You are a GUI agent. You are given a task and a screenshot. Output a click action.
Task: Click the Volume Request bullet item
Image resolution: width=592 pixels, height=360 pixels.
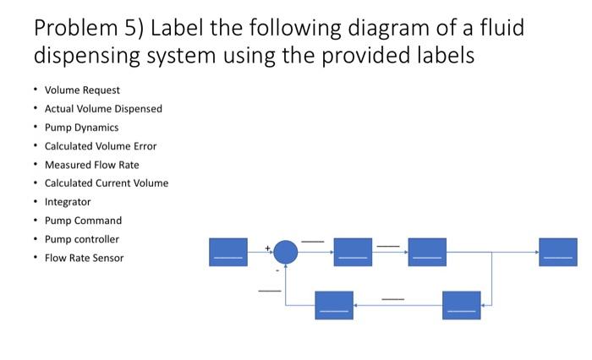tap(82, 90)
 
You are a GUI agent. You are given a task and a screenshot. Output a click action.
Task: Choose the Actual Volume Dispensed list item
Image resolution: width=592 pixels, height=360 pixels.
tap(103, 109)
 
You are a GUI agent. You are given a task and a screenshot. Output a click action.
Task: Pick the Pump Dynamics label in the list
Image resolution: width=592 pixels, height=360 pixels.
tap(81, 128)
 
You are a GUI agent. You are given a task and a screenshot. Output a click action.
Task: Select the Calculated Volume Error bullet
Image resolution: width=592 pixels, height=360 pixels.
tap(101, 146)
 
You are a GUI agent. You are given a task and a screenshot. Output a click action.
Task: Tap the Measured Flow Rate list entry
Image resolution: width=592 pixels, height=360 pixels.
tap(91, 165)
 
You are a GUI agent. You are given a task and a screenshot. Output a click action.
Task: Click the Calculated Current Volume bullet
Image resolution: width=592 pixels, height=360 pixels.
tap(107, 183)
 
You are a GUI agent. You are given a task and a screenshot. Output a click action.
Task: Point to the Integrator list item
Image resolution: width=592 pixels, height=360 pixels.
tap(68, 202)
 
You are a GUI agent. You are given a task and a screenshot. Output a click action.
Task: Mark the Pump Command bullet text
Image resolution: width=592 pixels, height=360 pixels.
tap(83, 221)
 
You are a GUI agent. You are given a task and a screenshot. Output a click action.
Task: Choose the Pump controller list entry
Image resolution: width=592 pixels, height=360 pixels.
tap(82, 239)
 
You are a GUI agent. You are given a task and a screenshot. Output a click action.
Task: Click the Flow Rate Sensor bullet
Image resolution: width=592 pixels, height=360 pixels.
tap(84, 258)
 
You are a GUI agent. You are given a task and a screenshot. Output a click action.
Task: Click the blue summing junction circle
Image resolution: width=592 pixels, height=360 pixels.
tap(286, 252)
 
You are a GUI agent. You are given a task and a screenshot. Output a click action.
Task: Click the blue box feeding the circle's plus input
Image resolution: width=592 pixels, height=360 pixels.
tap(228, 252)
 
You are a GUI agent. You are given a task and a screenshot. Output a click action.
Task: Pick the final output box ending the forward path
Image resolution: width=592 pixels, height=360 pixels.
tap(558, 252)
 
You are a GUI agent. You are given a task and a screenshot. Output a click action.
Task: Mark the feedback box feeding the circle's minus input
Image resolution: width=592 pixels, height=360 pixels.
tap(334, 305)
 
